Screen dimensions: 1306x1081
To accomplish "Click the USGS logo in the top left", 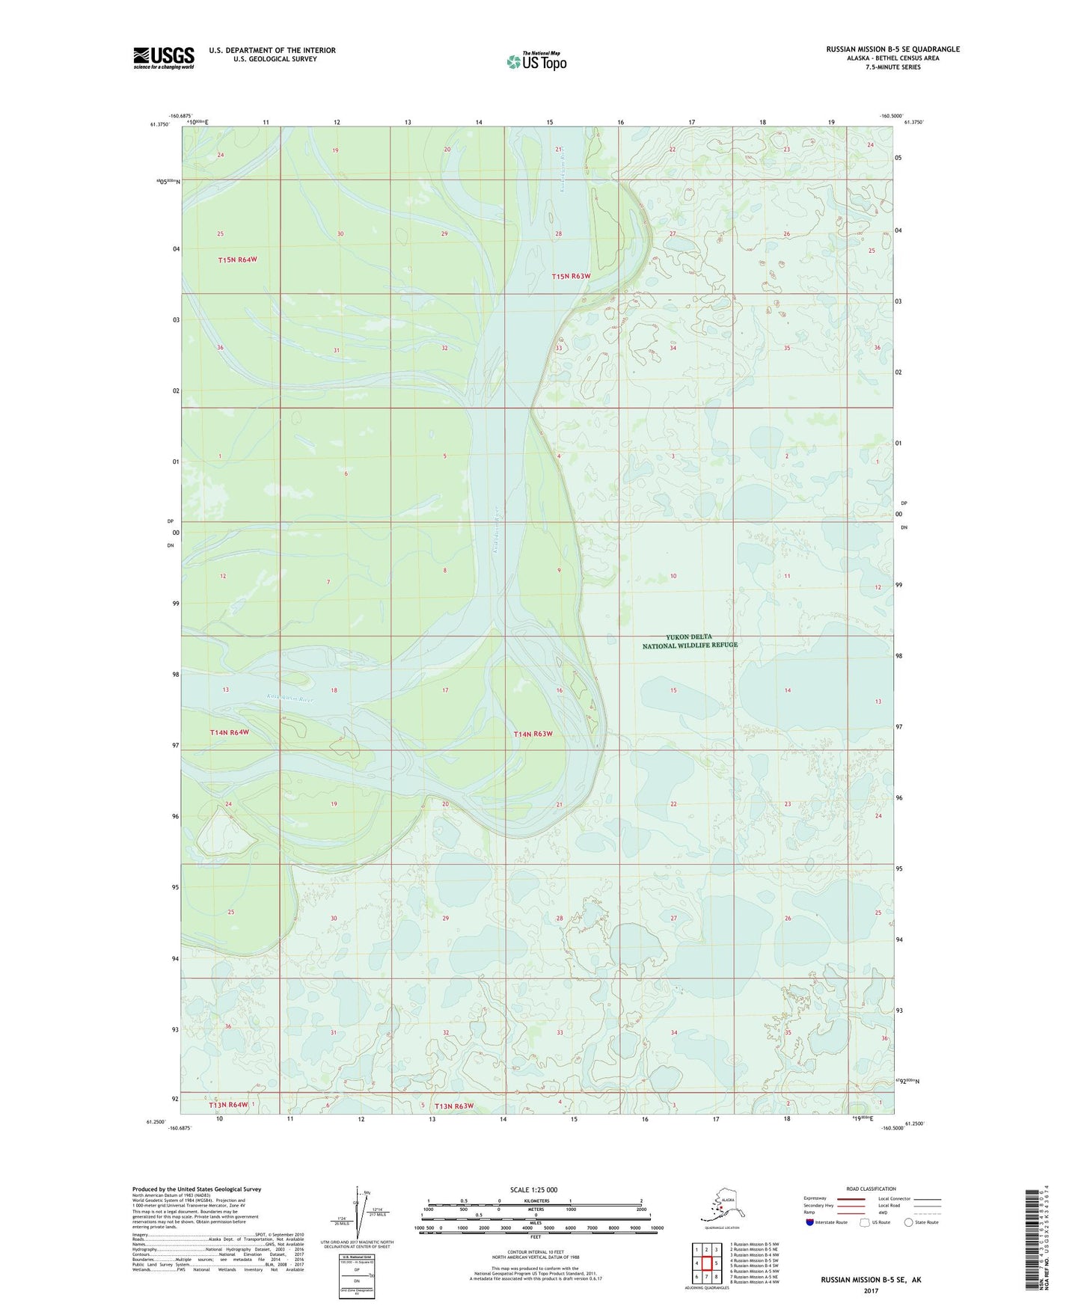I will pyautogui.click(x=163, y=58).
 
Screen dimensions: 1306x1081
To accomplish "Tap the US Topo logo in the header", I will pyautogui.click(x=536, y=61).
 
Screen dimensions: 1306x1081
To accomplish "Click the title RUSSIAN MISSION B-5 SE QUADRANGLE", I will pyautogui.click(x=892, y=49).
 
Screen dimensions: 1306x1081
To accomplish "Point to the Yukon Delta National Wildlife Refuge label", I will pyautogui.click(x=690, y=641).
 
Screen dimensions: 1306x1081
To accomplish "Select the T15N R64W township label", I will pyautogui.click(x=237, y=260).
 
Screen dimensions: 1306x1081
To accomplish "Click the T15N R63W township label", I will pyautogui.click(x=571, y=276).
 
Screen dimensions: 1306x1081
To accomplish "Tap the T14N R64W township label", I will pyautogui.click(x=229, y=732).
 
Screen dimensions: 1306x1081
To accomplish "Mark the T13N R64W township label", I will pyautogui.click(x=228, y=1105).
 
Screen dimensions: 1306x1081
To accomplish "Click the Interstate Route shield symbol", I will pyautogui.click(x=809, y=1222).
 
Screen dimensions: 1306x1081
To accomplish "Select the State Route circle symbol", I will pyautogui.click(x=908, y=1222).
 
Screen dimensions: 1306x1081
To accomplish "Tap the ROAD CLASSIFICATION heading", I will pyautogui.click(x=871, y=1189).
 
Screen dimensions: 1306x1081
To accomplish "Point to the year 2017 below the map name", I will pyautogui.click(x=870, y=1291).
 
